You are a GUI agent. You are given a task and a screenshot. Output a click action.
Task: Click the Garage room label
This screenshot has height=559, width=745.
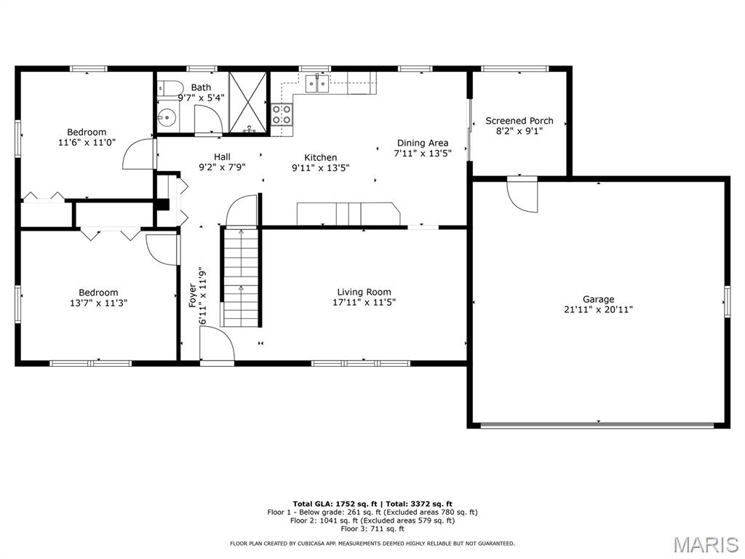point(598,299)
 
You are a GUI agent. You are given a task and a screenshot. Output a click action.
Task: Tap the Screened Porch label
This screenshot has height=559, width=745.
point(519,121)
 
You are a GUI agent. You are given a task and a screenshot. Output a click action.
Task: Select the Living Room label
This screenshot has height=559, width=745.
point(364,293)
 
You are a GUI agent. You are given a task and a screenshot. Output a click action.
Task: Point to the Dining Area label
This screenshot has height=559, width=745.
point(423,143)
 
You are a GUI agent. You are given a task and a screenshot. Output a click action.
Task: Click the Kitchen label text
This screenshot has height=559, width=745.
point(321,157)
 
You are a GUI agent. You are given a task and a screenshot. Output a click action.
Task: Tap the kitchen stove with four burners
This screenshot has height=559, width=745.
point(282,114)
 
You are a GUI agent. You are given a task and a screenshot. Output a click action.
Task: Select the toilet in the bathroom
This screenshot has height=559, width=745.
point(170,88)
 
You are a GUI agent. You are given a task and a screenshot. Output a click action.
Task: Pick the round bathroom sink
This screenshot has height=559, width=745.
point(167,116)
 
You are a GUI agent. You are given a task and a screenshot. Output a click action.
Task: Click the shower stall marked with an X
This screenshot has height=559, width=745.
point(248,102)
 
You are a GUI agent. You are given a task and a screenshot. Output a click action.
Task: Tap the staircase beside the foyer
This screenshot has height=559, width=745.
point(241,277)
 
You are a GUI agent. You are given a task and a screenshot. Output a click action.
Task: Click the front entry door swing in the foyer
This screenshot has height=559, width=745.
point(217,344)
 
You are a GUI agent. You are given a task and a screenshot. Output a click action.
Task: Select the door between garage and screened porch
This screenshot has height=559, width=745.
point(522,194)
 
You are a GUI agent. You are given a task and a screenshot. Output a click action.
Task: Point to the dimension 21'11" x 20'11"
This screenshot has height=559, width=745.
point(598,310)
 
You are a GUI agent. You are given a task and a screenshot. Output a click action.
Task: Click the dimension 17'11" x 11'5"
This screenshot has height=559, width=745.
point(364,302)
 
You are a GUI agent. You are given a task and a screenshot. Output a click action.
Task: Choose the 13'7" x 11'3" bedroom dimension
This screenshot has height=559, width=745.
point(98,303)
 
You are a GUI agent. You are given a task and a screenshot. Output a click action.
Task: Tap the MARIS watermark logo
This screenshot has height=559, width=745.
point(706,544)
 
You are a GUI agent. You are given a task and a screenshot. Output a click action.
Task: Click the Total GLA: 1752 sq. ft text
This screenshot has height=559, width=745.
point(335,504)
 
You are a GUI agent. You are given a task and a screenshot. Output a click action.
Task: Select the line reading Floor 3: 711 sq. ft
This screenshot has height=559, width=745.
point(372,528)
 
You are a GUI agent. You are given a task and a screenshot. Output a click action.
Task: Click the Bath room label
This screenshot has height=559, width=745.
point(201,87)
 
